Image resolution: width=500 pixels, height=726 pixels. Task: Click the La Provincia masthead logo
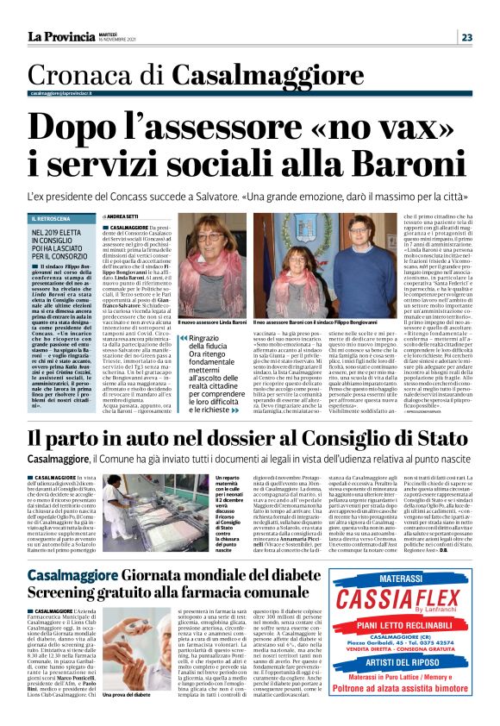pos(60,36)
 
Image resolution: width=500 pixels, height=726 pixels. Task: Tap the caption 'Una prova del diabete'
pos(127,717)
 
